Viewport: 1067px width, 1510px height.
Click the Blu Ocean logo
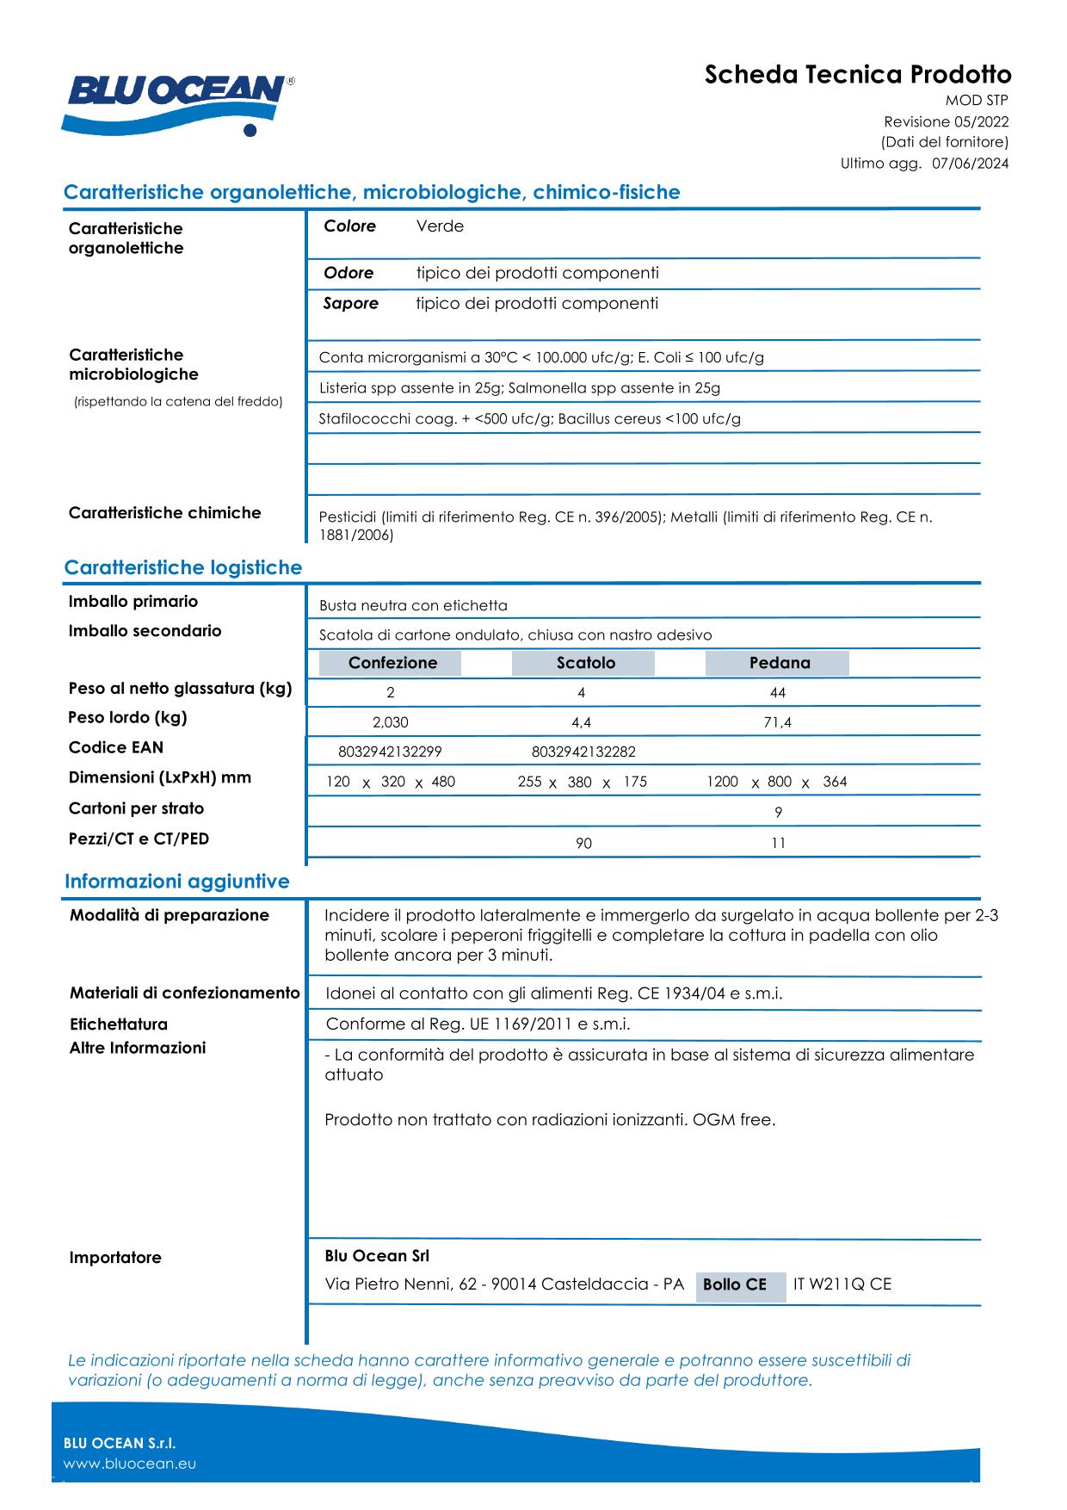pos(178,102)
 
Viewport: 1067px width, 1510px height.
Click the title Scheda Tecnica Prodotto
pos(857,74)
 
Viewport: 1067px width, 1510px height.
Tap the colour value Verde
pos(440,226)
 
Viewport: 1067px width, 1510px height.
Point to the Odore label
pos(348,273)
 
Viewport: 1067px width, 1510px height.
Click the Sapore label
pos(350,303)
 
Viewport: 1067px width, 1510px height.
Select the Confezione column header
pos(392,663)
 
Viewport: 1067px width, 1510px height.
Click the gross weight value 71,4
pos(777,722)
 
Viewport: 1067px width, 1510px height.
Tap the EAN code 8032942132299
pos(390,752)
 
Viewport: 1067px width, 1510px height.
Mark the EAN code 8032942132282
pos(583,752)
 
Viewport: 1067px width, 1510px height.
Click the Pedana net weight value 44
pos(778,693)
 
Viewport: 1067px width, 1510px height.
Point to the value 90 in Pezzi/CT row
pos(583,844)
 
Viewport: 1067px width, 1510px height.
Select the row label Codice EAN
pos(116,747)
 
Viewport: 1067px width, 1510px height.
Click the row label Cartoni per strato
pos(136,808)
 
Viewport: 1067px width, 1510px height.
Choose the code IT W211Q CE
pos(842,1284)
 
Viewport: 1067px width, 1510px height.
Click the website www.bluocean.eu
pos(130,1464)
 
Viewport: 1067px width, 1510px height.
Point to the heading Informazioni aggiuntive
pos(177,882)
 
